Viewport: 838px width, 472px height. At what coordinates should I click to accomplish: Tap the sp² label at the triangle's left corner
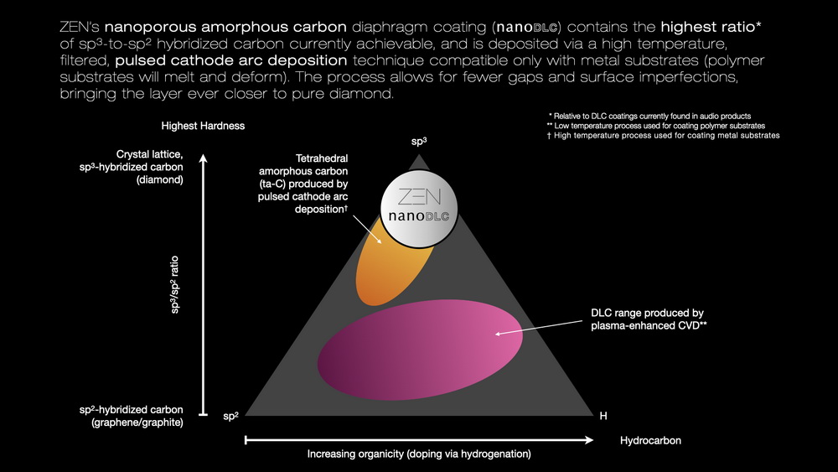click(x=232, y=415)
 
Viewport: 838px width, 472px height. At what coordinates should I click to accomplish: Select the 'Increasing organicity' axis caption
click(x=419, y=454)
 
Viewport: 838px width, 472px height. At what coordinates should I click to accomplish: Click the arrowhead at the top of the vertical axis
click(x=204, y=153)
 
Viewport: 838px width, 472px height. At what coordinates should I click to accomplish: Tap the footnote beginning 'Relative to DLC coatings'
click(x=649, y=115)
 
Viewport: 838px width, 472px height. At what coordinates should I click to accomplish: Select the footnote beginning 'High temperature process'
click(x=663, y=135)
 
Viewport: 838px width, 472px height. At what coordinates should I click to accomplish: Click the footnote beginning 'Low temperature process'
click(x=656, y=125)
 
